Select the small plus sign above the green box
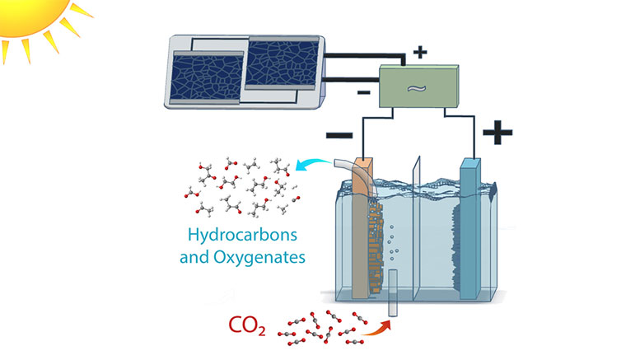[420, 53]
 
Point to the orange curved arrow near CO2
[375, 328]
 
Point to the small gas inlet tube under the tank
[394, 292]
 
